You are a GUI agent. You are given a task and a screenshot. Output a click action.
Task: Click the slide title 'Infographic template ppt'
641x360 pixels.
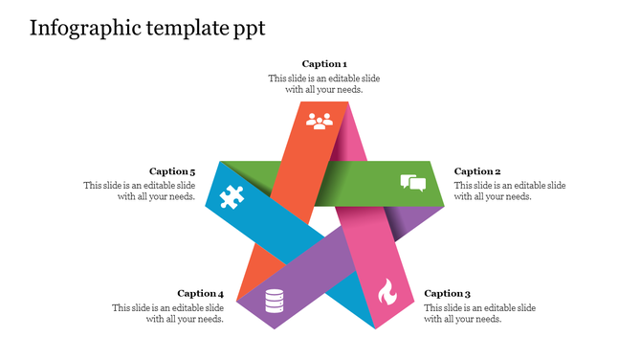click(x=147, y=28)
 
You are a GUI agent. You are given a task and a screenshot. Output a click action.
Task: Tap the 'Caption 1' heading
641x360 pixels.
click(x=324, y=64)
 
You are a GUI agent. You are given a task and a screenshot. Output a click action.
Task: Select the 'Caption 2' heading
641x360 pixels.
click(x=477, y=171)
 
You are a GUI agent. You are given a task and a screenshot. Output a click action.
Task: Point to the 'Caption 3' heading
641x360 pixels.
click(x=448, y=294)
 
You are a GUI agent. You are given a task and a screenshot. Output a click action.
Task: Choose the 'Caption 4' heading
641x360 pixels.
click(x=201, y=294)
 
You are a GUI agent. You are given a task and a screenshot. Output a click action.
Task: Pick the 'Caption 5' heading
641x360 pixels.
click(x=172, y=171)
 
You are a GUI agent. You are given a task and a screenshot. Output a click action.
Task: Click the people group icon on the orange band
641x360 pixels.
click(x=319, y=121)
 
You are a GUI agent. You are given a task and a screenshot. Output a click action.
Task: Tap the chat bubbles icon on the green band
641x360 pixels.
click(x=412, y=183)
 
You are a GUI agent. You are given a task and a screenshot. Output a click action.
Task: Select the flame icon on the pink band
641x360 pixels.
click(x=387, y=291)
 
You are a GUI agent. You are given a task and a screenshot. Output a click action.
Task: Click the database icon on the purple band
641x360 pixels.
click(x=275, y=301)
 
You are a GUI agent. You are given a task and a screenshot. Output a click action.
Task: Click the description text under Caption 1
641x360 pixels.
click(x=323, y=84)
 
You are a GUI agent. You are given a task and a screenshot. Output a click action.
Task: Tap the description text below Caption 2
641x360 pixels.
click(x=509, y=191)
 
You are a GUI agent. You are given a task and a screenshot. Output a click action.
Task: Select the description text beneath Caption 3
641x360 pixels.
click(x=479, y=313)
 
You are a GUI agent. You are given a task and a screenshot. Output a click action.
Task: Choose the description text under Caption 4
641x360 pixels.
click(x=168, y=313)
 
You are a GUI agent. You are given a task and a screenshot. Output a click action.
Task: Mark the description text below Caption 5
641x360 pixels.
click(x=140, y=191)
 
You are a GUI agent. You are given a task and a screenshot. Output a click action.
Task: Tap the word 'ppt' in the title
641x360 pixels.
click(x=249, y=30)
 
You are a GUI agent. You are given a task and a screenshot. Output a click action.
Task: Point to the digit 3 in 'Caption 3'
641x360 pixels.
click(x=467, y=294)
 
